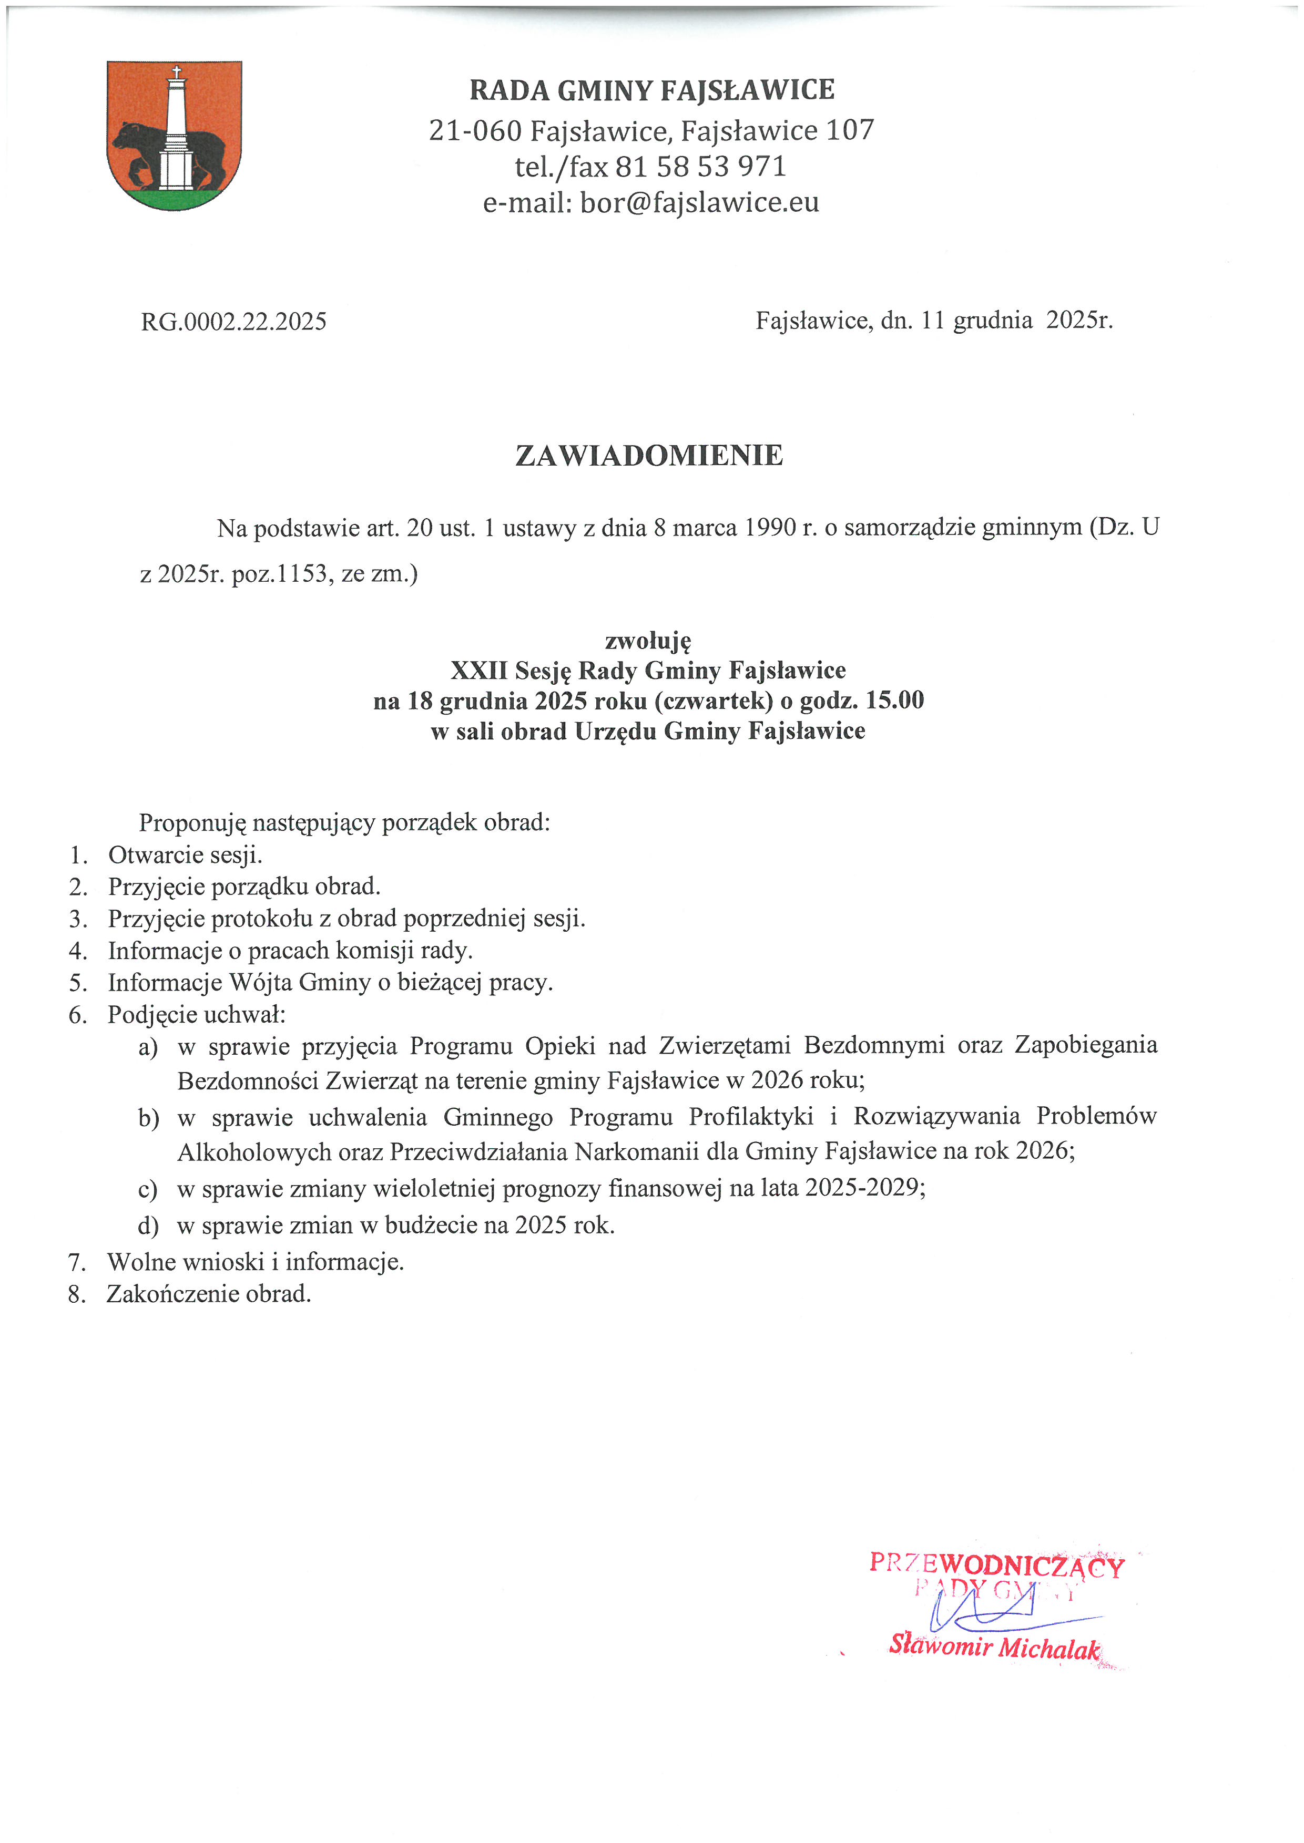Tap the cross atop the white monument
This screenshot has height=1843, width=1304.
tap(176, 72)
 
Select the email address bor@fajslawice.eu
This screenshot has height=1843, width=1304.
tap(699, 202)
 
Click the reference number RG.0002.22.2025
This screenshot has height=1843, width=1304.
tap(233, 322)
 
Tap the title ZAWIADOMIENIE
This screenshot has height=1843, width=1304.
tap(649, 455)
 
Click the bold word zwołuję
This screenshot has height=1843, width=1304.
tap(647, 641)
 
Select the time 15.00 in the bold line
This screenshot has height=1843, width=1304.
tap(894, 700)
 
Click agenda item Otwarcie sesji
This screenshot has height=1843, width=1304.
tap(186, 855)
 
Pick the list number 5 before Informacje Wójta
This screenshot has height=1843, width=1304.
tap(77, 983)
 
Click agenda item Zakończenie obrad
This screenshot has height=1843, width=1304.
tap(209, 1294)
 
